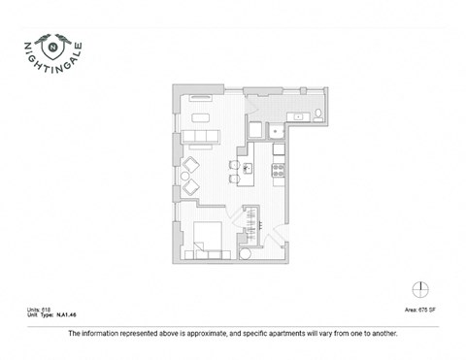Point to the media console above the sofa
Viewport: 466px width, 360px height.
pos(202,98)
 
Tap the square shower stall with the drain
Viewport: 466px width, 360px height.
pos(278,134)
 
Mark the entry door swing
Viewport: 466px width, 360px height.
pos(277,234)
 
